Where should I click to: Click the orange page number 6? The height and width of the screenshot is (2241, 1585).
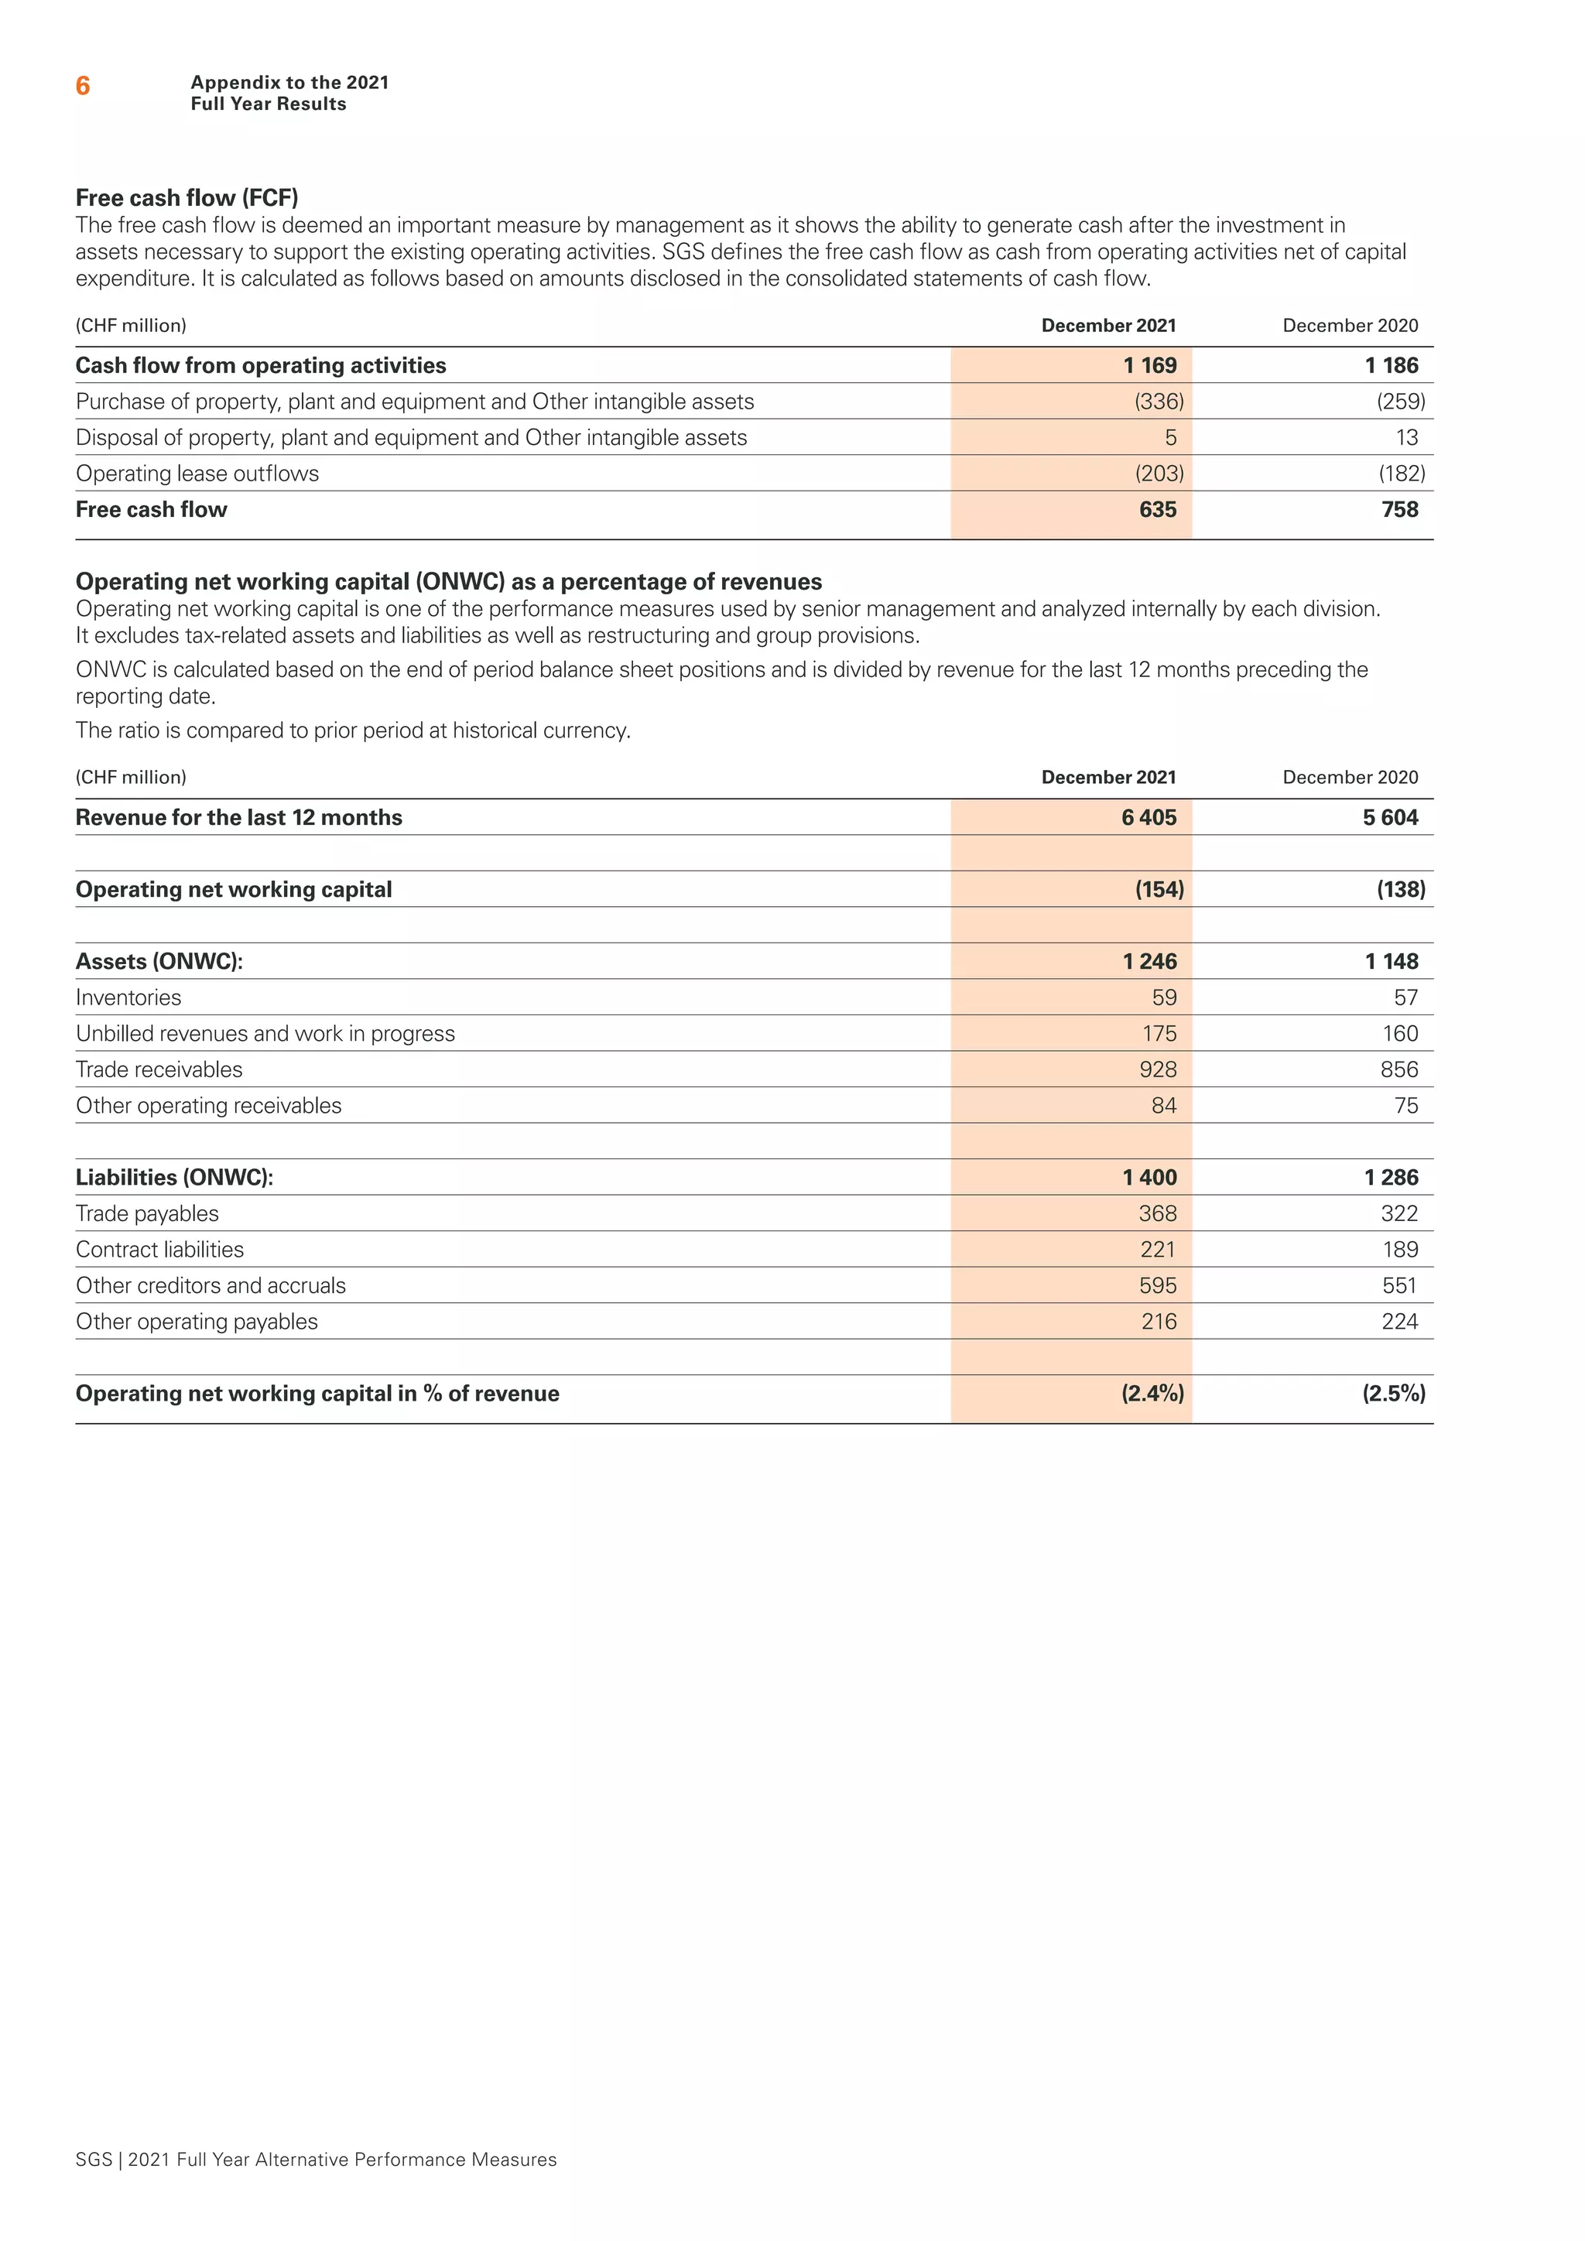(x=83, y=87)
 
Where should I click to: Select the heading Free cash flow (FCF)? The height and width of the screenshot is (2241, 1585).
(x=187, y=198)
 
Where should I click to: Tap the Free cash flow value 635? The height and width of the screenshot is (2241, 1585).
(x=1158, y=509)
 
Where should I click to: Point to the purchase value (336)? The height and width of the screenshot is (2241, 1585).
(x=1159, y=402)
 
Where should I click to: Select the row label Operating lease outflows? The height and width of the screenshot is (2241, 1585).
(x=197, y=474)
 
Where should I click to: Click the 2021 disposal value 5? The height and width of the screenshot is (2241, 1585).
(x=1170, y=438)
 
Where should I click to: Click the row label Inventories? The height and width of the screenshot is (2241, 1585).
(x=128, y=997)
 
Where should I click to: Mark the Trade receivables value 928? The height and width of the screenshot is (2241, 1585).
(x=1158, y=1069)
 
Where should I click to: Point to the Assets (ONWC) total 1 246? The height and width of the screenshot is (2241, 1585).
(x=1150, y=961)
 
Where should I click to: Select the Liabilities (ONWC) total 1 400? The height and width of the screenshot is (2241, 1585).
(x=1150, y=1178)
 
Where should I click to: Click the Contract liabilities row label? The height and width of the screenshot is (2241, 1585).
(x=160, y=1251)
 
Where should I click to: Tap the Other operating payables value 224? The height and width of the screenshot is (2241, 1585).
(x=1398, y=1322)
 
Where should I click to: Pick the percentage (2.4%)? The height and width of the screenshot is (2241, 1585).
(x=1152, y=1394)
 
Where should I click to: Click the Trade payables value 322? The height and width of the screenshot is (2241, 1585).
(x=1398, y=1214)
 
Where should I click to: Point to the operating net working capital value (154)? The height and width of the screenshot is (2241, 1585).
(x=1159, y=890)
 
